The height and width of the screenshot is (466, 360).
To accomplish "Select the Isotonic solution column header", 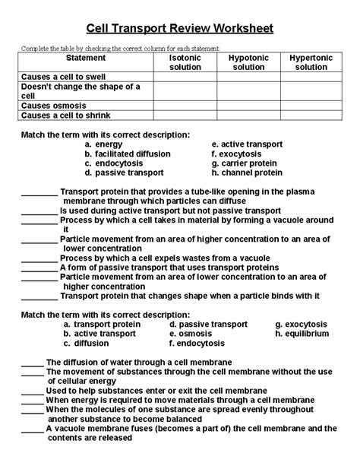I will pyautogui.click(x=185, y=63).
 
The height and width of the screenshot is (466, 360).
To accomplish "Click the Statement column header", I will pyautogui.click(x=87, y=58).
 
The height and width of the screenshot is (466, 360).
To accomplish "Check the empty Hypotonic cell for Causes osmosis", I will pyautogui.click(x=248, y=105).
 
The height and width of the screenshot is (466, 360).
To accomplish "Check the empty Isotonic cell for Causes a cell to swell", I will pyautogui.click(x=185, y=77).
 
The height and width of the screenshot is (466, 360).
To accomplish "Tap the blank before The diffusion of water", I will pyautogui.click(x=32, y=363).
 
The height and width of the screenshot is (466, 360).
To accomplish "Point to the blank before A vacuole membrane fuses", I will pyautogui.click(x=32, y=429).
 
